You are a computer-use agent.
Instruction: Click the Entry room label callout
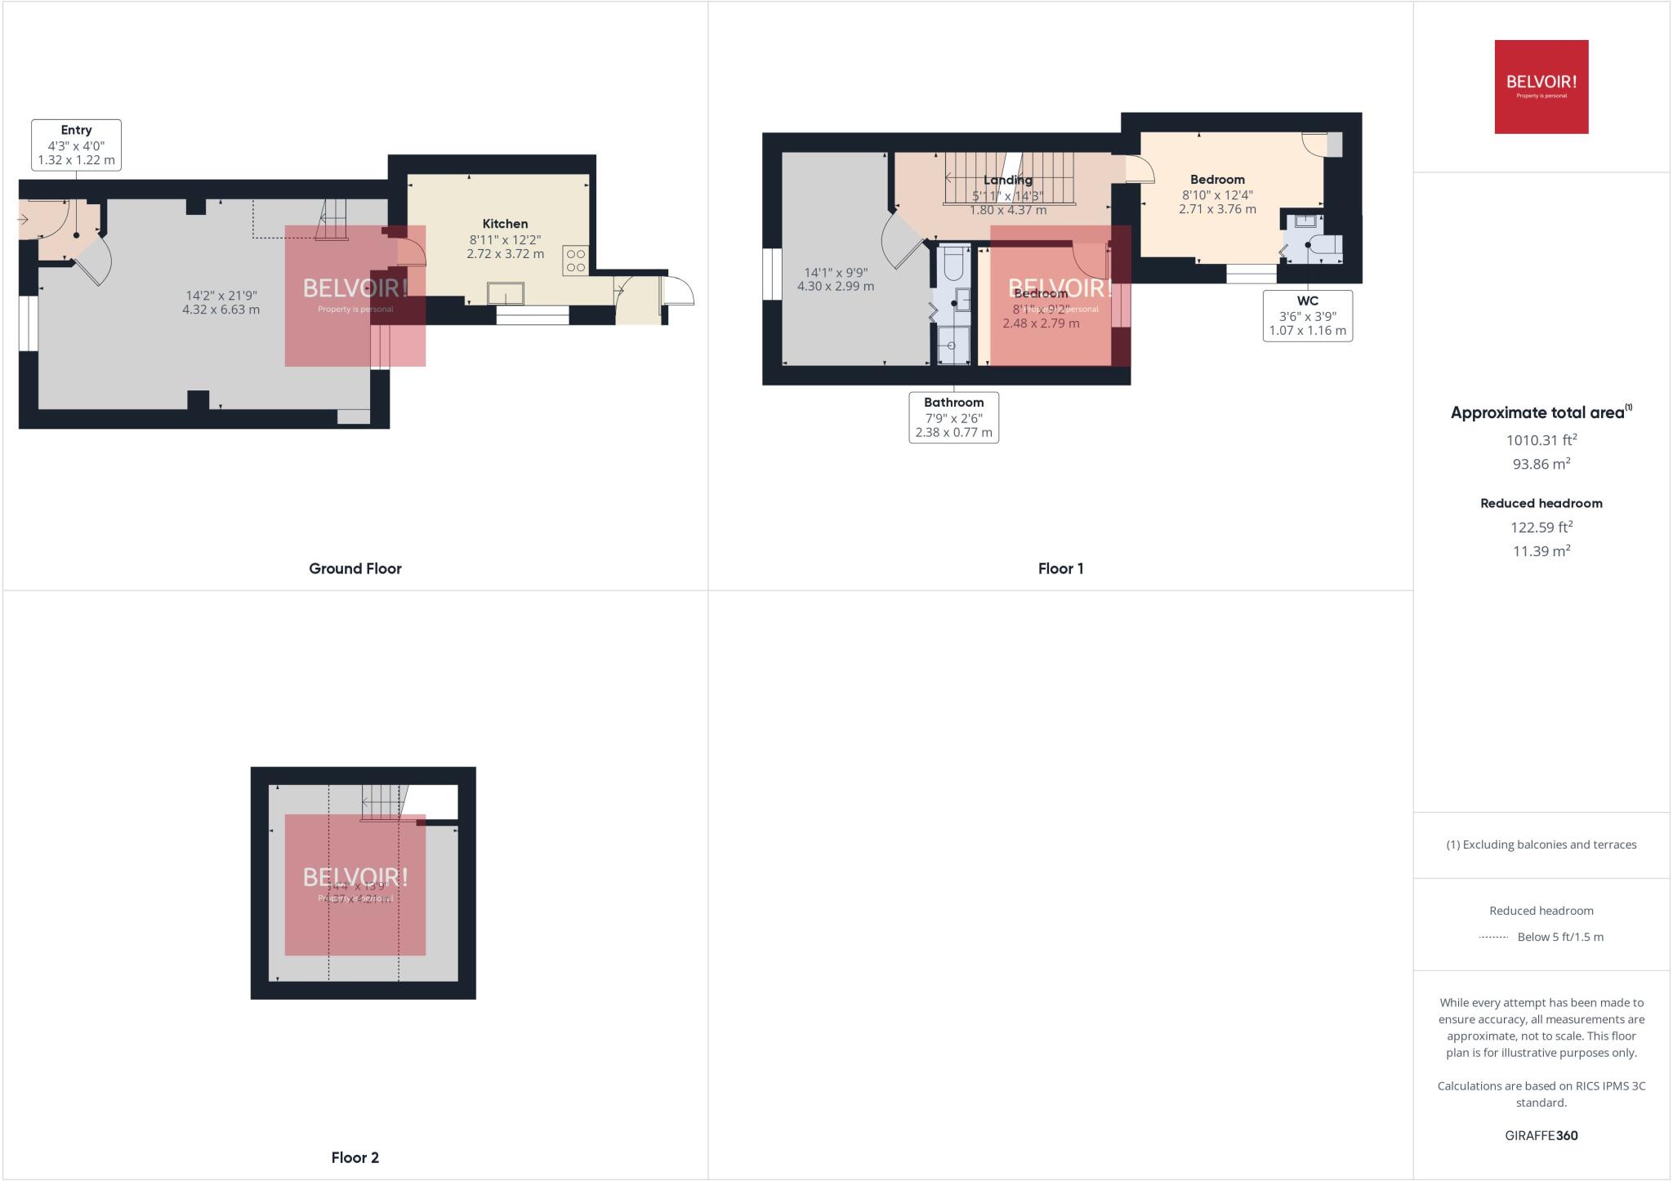point(76,145)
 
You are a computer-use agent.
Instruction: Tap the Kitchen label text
point(505,224)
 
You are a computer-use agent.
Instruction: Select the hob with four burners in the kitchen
point(575,261)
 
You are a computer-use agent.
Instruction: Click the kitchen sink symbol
point(506,292)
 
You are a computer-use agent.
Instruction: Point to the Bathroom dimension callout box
point(953,417)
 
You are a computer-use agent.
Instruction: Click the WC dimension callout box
point(1307,315)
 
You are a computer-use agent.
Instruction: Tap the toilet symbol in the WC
point(1323,245)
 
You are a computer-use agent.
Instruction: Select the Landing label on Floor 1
point(1007,180)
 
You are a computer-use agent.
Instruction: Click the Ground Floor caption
point(355,568)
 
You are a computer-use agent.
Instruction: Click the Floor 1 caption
point(1060,568)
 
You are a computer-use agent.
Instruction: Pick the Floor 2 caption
point(355,1157)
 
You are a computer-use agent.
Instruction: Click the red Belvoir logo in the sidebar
point(1541,87)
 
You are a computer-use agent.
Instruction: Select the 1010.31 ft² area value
point(1541,440)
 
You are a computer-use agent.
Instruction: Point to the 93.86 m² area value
point(1541,464)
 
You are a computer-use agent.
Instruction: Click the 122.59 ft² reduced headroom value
point(1541,528)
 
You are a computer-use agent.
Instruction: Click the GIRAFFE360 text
point(1541,1135)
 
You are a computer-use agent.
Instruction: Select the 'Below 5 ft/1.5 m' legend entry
point(1559,937)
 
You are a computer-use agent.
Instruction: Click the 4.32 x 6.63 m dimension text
point(221,310)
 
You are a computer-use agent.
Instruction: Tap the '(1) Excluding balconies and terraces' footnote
point(1541,845)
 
